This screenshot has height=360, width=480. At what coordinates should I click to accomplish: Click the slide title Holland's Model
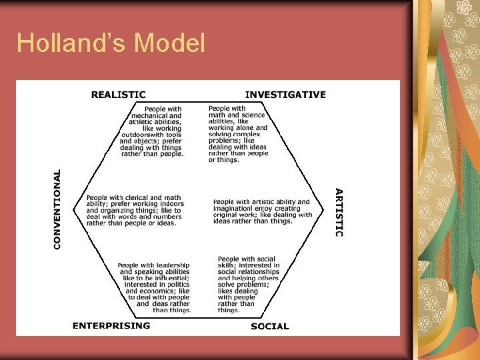pos(111,43)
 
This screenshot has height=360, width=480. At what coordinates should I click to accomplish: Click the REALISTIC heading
pos(118,95)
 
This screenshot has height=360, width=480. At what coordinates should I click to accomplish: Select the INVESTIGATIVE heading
pos(285,95)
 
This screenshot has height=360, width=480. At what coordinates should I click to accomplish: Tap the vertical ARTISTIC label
pos(339,212)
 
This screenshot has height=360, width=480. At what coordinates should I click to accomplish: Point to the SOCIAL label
pos(270,326)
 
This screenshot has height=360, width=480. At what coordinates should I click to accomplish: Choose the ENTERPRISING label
pos(111,325)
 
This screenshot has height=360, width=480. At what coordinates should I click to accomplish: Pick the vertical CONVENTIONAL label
pos(57,209)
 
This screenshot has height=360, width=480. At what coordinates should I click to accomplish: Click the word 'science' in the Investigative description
pos(253,115)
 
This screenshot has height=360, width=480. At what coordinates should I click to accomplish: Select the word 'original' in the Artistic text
pos(226,215)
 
